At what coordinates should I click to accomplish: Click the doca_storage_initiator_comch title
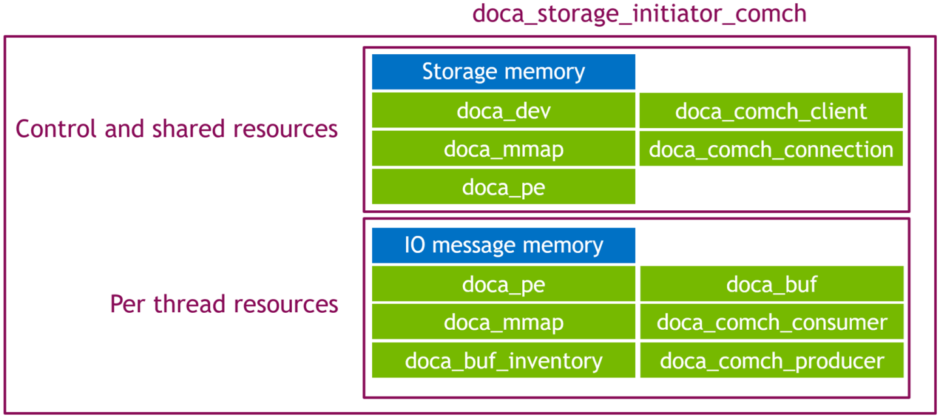[x=639, y=14]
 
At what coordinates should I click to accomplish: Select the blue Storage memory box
[x=503, y=72]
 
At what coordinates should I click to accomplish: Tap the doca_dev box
[x=503, y=110]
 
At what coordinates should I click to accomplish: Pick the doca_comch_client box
[x=771, y=111]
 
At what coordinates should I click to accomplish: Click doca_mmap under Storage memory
[x=503, y=149]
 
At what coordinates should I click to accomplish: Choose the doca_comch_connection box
[x=771, y=150]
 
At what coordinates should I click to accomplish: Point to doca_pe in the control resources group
[x=503, y=187]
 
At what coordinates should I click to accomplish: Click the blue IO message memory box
[x=503, y=246]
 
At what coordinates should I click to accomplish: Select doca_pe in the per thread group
[x=503, y=284]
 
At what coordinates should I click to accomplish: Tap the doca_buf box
[x=772, y=284]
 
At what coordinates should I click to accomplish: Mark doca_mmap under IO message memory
[x=503, y=322]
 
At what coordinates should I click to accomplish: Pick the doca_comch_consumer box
[x=772, y=322]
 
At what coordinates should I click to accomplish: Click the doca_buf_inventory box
[x=503, y=361]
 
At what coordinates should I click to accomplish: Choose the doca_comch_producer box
[x=772, y=361]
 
